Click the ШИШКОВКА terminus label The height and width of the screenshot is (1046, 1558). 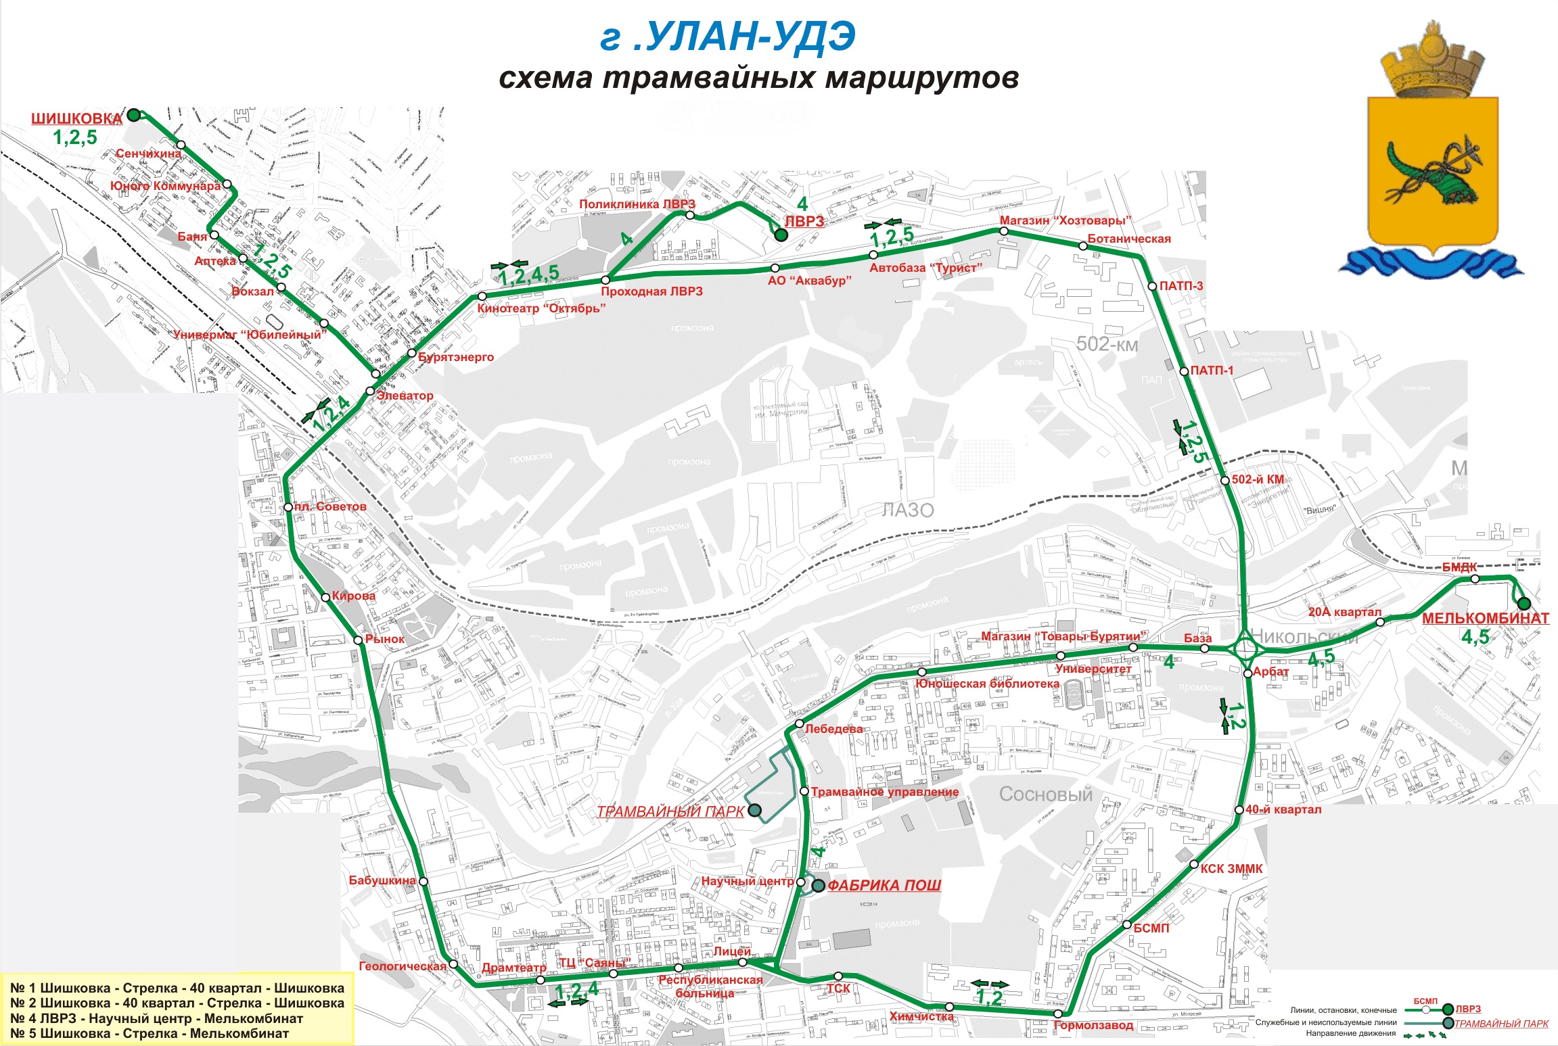(76, 119)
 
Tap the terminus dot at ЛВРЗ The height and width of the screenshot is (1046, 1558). (781, 235)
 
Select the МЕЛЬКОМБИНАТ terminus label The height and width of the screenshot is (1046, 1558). (1485, 618)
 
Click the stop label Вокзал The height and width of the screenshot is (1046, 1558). (252, 291)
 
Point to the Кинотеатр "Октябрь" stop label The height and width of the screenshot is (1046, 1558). (541, 308)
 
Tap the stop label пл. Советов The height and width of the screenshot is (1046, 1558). (330, 506)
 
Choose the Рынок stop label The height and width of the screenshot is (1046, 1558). (384, 638)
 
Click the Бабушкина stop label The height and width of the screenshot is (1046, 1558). (382, 880)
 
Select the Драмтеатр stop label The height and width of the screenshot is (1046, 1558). (513, 968)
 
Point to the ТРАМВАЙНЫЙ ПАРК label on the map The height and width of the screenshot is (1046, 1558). (670, 811)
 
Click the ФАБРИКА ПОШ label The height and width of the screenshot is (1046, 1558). (884, 885)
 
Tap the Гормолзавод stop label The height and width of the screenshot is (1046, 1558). (1093, 1025)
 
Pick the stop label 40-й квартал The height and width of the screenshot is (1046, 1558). (1283, 809)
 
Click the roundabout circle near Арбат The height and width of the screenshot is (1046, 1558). (1245, 649)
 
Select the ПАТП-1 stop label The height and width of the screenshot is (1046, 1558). (1212, 371)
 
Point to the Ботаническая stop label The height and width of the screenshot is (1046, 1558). (1128, 239)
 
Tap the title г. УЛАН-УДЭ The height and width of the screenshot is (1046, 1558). (728, 37)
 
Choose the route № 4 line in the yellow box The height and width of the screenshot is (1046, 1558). (156, 1018)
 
